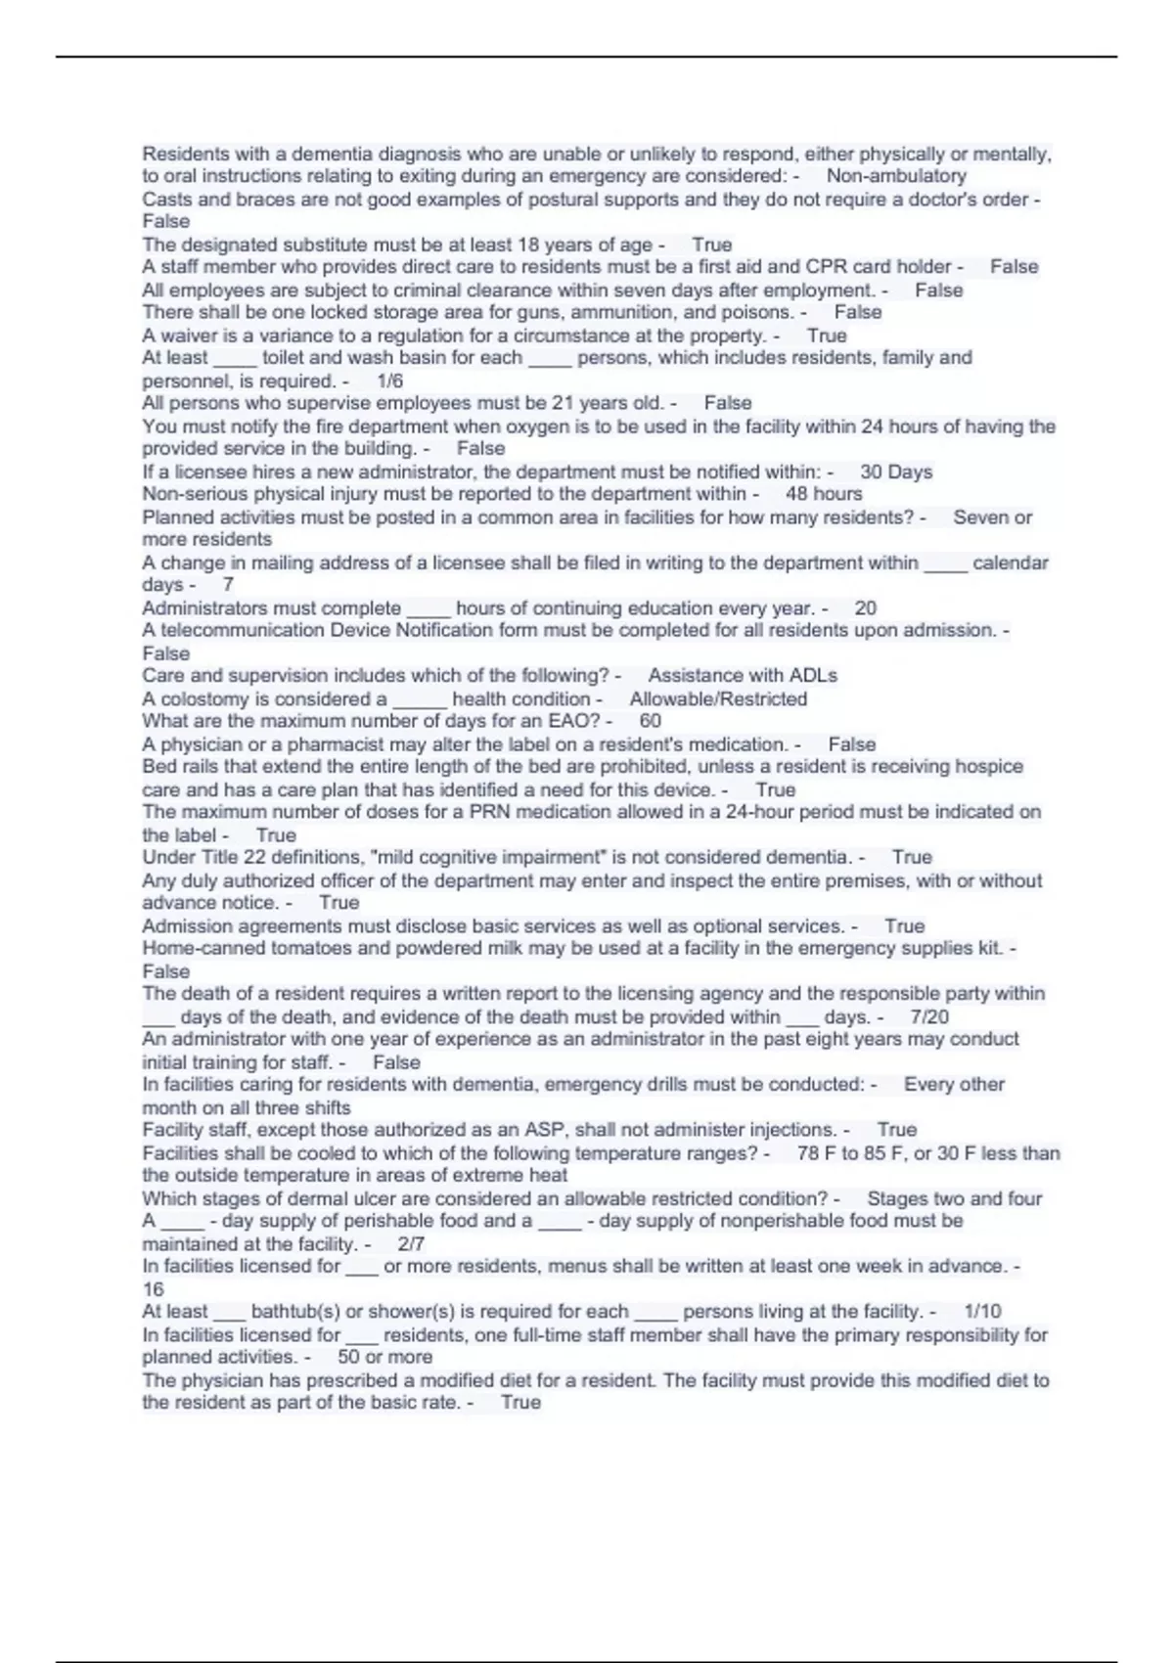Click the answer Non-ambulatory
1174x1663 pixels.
pyautogui.click(x=896, y=176)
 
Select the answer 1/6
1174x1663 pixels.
pyautogui.click(x=389, y=381)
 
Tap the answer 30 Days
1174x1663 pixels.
pyautogui.click(x=896, y=472)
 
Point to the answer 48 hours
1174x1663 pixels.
pyautogui.click(x=824, y=494)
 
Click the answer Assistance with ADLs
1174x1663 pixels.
pyautogui.click(x=743, y=676)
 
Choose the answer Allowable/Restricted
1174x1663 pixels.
pyautogui.click(x=718, y=698)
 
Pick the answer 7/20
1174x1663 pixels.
pyautogui.click(x=929, y=1016)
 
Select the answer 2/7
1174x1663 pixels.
pyautogui.click(x=411, y=1244)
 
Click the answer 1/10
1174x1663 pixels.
pyautogui.click(x=982, y=1312)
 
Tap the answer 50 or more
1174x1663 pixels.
pyautogui.click(x=384, y=1357)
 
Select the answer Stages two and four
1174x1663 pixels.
pyautogui.click(x=955, y=1198)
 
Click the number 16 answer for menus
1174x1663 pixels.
pyautogui.click(x=153, y=1289)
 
